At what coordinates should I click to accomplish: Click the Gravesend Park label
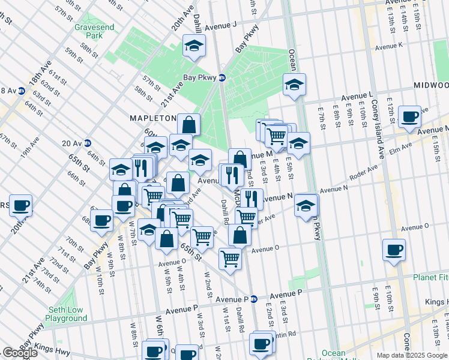(x=89, y=31)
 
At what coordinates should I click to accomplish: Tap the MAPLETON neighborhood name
(x=153, y=118)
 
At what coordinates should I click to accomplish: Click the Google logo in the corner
(x=20, y=353)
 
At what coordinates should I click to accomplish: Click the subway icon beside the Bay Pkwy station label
(x=221, y=77)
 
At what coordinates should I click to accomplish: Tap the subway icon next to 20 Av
(x=87, y=143)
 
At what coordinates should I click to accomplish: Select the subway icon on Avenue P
(x=253, y=298)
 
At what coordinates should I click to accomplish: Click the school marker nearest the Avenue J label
(x=194, y=46)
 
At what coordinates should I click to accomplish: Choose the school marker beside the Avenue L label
(x=294, y=85)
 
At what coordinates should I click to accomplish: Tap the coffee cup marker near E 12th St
(x=410, y=116)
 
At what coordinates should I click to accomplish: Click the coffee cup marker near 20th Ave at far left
(x=20, y=205)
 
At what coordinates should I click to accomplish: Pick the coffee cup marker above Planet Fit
(x=394, y=249)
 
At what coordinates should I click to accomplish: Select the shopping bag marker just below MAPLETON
(x=188, y=125)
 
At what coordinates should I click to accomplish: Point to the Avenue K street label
(x=389, y=46)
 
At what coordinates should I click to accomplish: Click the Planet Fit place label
(x=429, y=277)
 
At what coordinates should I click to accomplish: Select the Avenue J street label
(x=221, y=27)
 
